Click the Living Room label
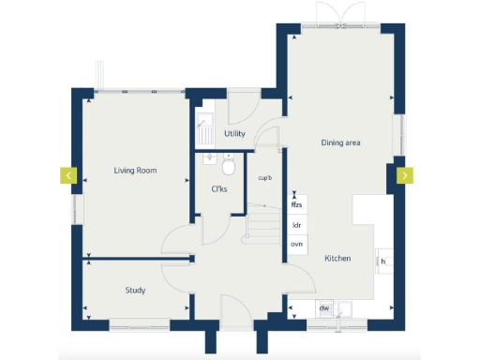click(135, 171)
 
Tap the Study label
click(135, 291)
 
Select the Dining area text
click(341, 142)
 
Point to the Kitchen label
click(337, 258)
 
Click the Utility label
click(234, 134)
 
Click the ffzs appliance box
click(297, 204)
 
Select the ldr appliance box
click(297, 225)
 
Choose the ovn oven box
click(297, 244)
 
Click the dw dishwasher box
click(323, 307)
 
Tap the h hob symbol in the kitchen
click(383, 261)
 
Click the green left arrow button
click(68, 175)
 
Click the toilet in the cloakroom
click(228, 167)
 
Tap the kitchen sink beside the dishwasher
click(344, 307)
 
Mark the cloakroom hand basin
click(208, 158)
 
